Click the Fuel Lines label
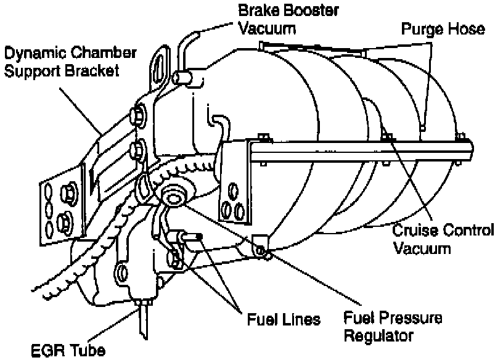(284, 320)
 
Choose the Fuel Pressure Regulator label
(393, 327)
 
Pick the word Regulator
(377, 336)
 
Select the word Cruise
(415, 231)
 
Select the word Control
(467, 231)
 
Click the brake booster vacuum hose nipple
(182, 77)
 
